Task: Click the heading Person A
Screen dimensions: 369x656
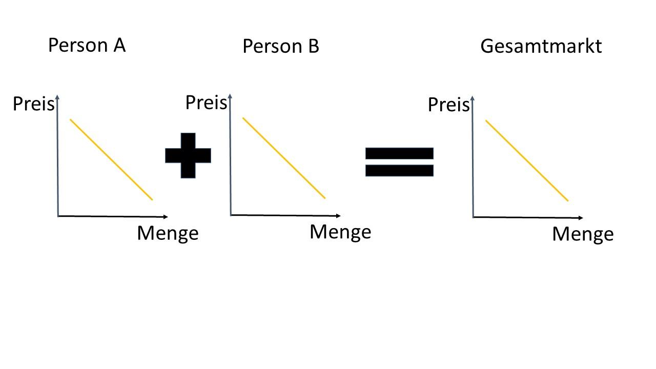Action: [87, 45]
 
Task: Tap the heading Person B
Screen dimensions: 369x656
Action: [281, 46]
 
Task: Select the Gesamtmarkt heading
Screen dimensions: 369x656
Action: [541, 46]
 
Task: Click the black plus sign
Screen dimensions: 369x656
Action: [188, 155]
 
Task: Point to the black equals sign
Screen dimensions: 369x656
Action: [399, 161]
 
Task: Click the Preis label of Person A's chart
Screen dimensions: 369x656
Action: [33, 104]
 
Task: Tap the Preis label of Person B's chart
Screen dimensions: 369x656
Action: [206, 102]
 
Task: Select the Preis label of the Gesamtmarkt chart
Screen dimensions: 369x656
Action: [448, 105]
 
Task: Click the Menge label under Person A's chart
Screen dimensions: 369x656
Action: [168, 233]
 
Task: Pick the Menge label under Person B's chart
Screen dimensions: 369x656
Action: [340, 232]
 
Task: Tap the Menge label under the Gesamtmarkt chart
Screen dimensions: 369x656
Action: [583, 234]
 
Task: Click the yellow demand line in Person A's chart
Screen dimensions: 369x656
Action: [111, 159]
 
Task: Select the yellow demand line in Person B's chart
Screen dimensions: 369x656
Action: [284, 158]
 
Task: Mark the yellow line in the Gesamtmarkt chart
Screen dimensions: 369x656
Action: [527, 160]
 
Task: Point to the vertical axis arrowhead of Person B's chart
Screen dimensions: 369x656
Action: [230, 96]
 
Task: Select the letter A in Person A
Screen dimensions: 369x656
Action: [119, 45]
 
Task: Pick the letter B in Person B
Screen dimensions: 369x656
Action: [313, 46]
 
